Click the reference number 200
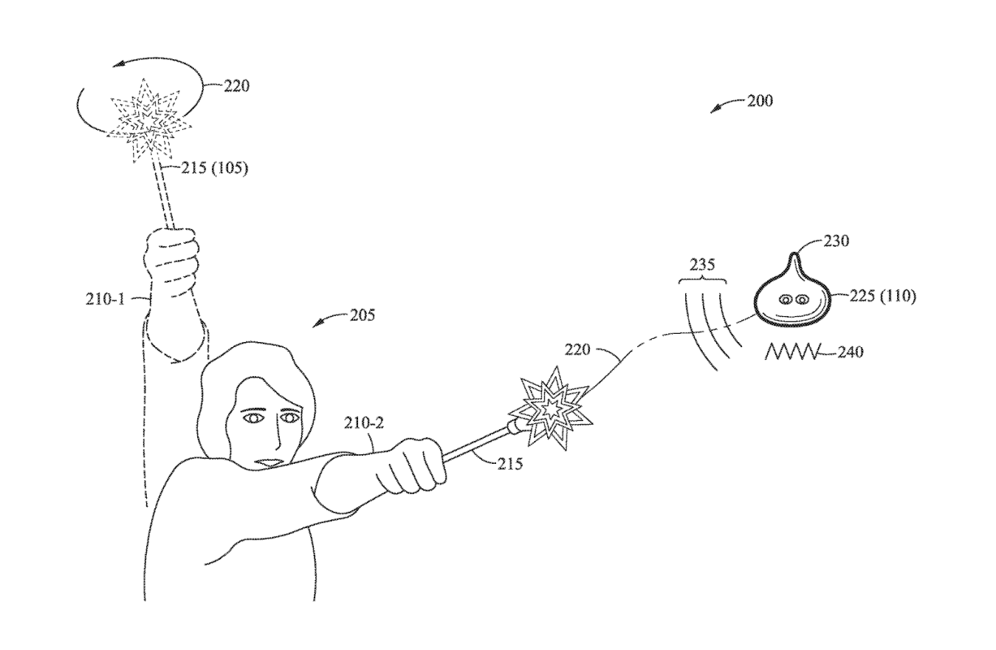pyautogui.click(x=761, y=102)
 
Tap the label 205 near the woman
pyautogui.click(x=363, y=316)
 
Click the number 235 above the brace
pyautogui.click(x=702, y=264)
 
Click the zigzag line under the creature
pyautogui.click(x=792, y=353)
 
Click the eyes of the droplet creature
pyautogui.click(x=794, y=301)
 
